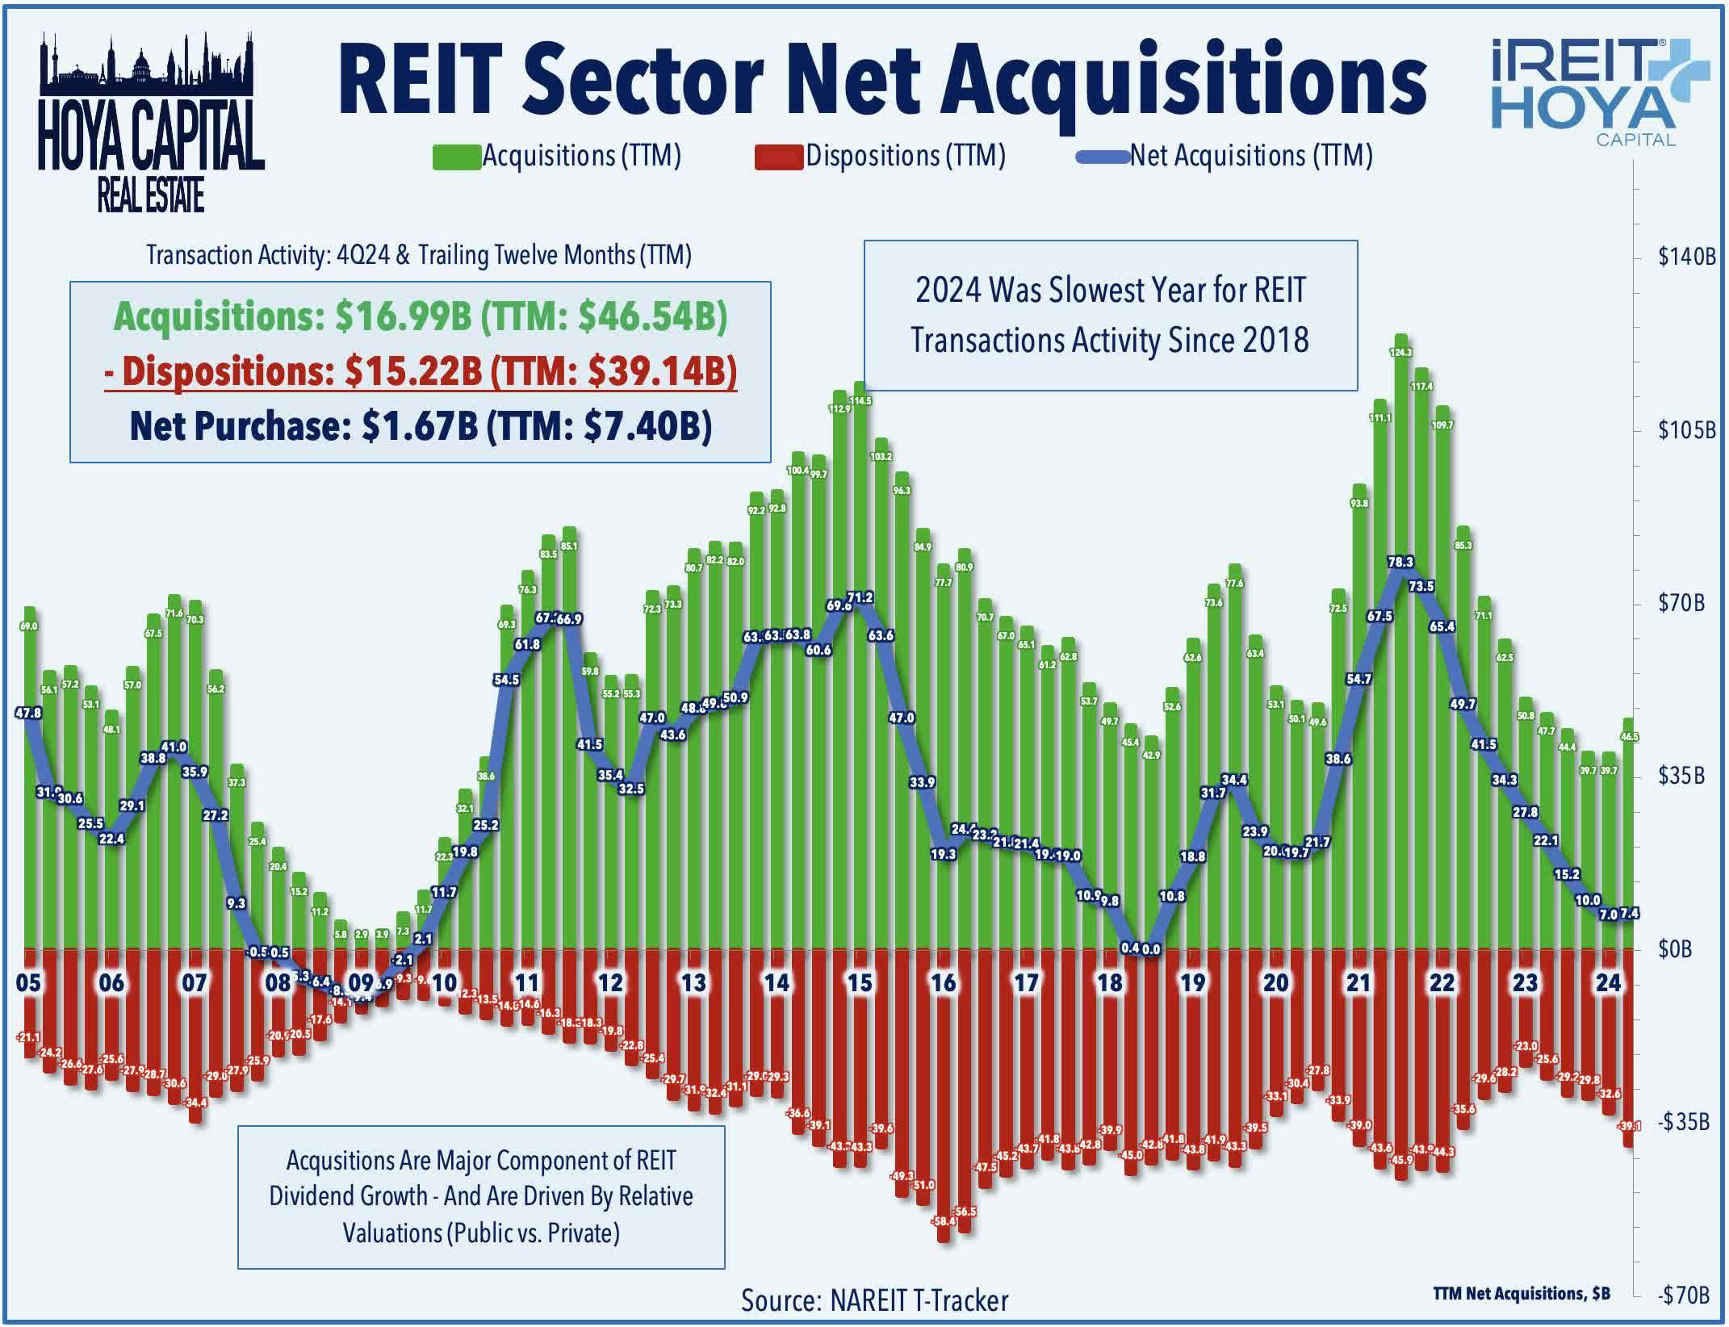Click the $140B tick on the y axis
tap(1686, 257)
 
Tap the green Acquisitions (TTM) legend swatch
tap(457, 157)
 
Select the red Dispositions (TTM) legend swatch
tap(779, 157)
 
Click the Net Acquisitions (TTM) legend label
tap(1250, 155)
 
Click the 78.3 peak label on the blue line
tap(1400, 562)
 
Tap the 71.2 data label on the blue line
tap(860, 598)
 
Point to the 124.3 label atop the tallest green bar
tap(1400, 353)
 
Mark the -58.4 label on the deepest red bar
tap(944, 1221)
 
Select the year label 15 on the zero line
tap(860, 982)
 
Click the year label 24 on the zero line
tap(1608, 982)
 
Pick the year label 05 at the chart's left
tap(28, 982)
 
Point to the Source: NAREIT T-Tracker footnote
tap(874, 1300)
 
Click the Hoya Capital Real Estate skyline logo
tap(151, 121)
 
